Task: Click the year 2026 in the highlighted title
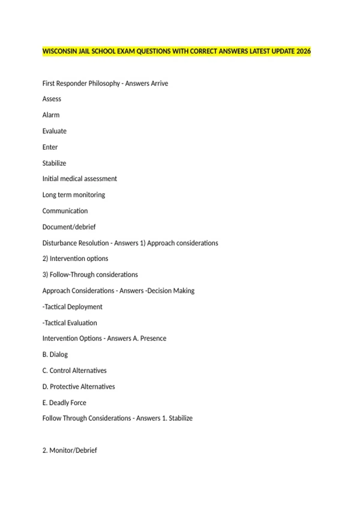[303, 51]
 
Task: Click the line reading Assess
[52, 99]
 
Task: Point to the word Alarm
[51, 115]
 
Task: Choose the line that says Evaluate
[54, 131]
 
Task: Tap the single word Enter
[50, 147]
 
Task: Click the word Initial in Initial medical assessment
[50, 179]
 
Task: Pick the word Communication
[65, 211]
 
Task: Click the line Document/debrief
[69, 227]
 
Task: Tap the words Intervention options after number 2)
[79, 259]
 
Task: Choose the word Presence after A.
[153, 338]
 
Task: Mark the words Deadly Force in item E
[67, 403]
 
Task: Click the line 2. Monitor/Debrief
[70, 450]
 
